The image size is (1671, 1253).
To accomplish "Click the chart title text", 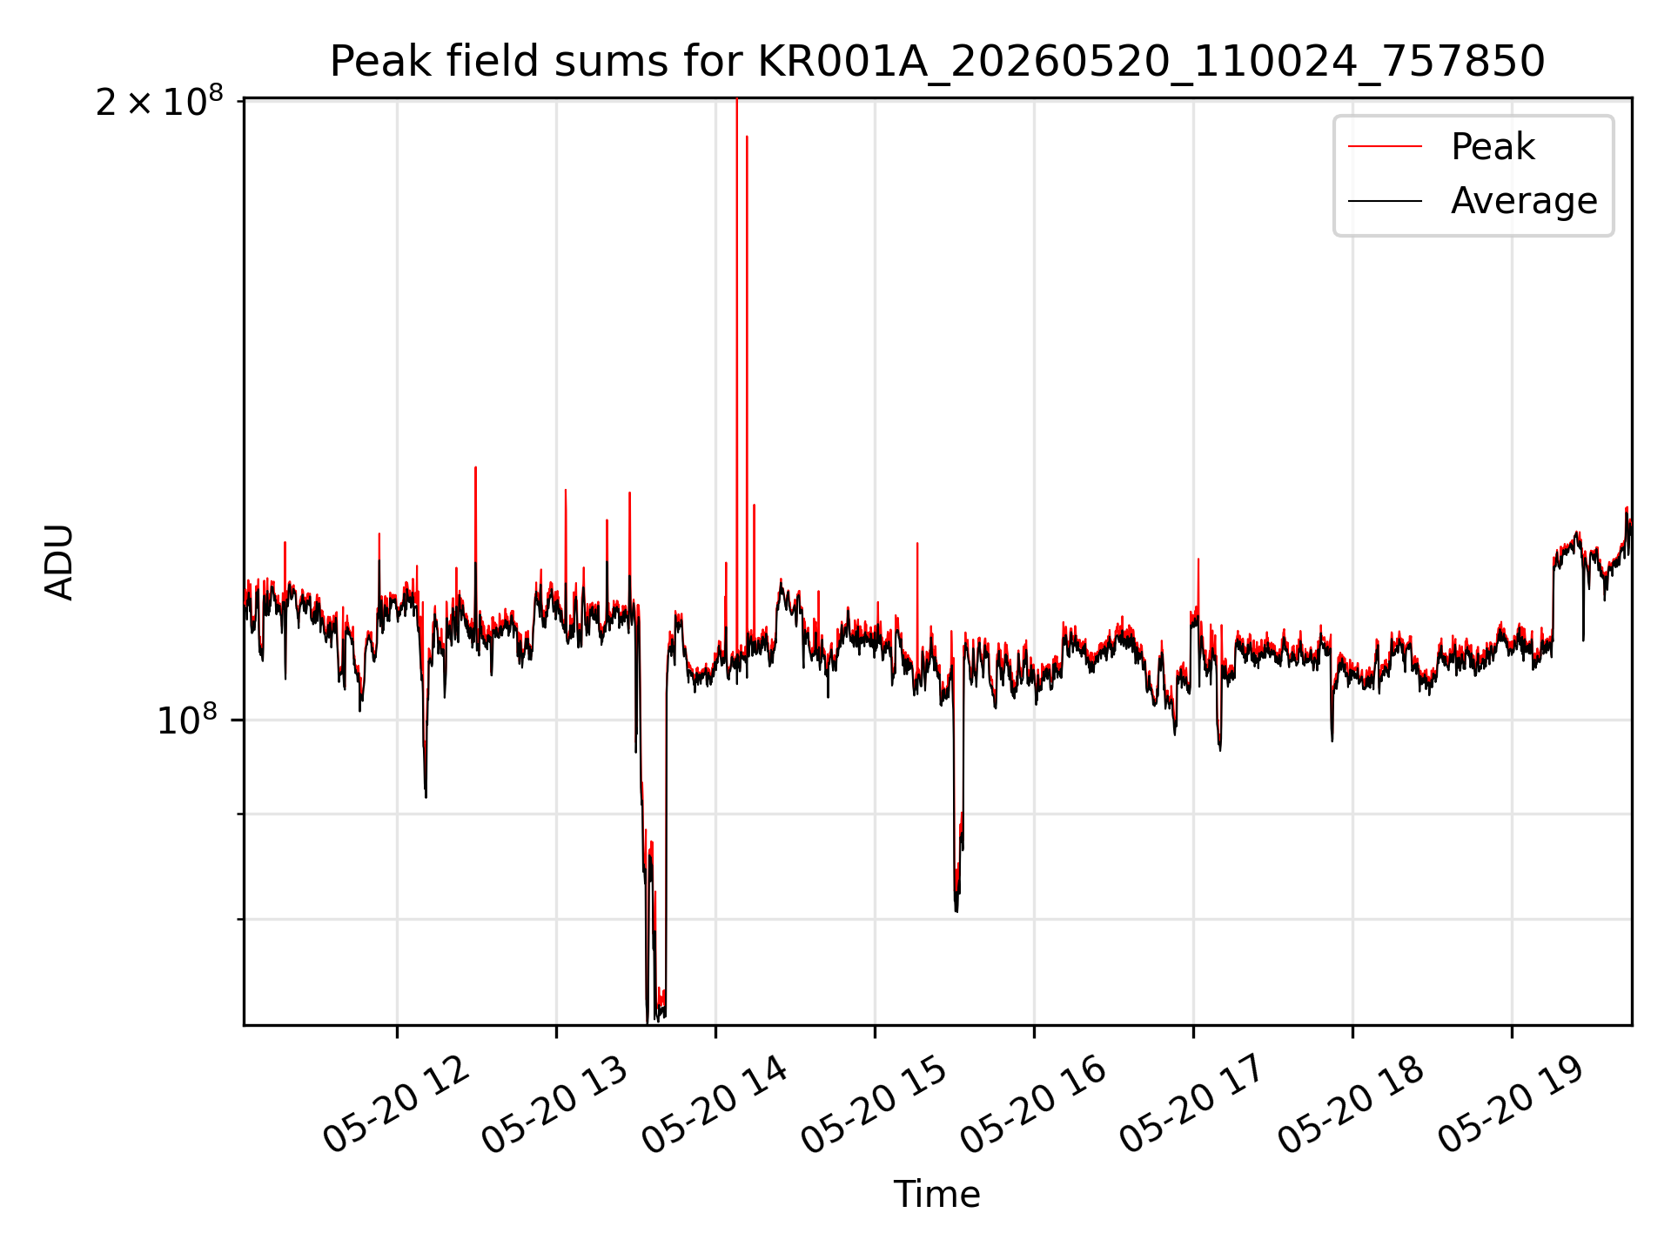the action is (x=937, y=62).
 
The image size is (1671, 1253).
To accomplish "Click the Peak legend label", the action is (x=1493, y=147).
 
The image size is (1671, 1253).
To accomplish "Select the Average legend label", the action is (x=1524, y=201).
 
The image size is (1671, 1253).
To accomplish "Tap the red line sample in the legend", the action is (x=1385, y=146).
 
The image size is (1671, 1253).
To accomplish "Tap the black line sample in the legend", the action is (x=1385, y=201).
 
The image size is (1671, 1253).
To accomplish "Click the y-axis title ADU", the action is (x=60, y=562).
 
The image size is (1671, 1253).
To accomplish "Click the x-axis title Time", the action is (x=937, y=1195).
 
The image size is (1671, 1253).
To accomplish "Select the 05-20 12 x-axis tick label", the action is (x=397, y=1105).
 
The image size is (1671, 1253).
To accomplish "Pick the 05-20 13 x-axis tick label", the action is (x=555, y=1105).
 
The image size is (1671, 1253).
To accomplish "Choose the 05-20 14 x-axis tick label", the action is (x=715, y=1105).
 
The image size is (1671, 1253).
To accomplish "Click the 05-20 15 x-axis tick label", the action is (x=875, y=1105).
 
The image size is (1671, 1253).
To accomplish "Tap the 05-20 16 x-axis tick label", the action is (x=1034, y=1105).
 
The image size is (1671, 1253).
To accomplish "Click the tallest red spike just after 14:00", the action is (x=737, y=100).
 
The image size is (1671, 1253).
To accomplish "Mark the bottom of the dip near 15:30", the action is (x=956, y=910).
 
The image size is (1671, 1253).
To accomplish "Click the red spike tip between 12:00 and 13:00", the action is (x=475, y=468).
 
